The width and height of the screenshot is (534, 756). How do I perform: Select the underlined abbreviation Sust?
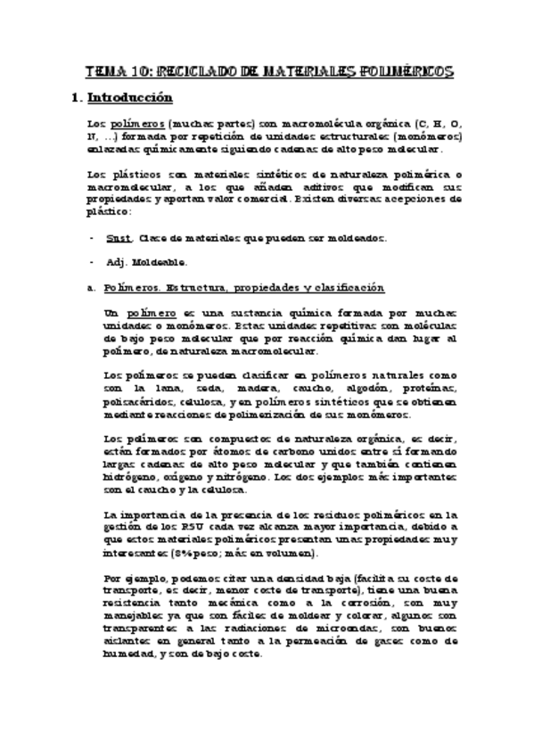click(x=118, y=239)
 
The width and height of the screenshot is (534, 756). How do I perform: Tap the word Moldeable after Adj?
click(x=160, y=263)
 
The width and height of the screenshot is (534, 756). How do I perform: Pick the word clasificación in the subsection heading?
click(x=350, y=288)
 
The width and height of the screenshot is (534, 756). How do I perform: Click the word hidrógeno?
click(x=131, y=477)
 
